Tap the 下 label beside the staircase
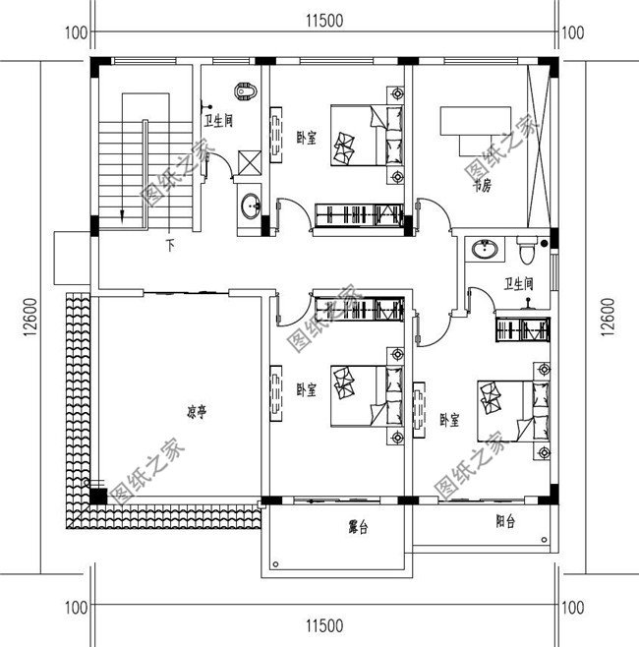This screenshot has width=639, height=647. pyautogui.click(x=170, y=245)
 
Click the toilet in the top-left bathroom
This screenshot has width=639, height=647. pyautogui.click(x=246, y=92)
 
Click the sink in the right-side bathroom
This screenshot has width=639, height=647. pyautogui.click(x=483, y=250)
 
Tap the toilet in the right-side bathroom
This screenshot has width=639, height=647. pyautogui.click(x=526, y=252)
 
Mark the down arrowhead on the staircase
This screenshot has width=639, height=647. pyautogui.click(x=121, y=215)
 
